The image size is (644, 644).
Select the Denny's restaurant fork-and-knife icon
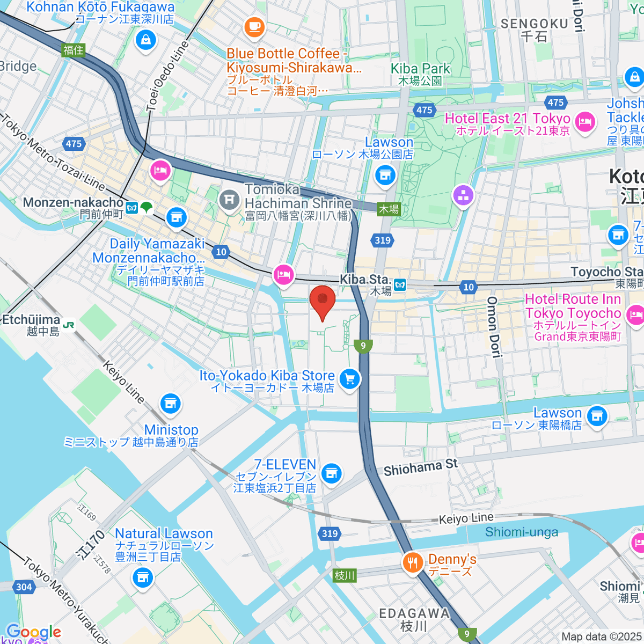(412, 562)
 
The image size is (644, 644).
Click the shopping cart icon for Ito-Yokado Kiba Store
(350, 379)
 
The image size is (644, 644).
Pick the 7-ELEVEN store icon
(332, 473)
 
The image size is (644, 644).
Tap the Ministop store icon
(170, 404)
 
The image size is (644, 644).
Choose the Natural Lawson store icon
(142, 577)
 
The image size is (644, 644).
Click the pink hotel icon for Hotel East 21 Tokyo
(584, 122)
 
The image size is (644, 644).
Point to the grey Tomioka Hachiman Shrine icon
(229, 200)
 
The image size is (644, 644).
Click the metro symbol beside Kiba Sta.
(399, 285)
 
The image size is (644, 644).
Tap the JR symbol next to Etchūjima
(69, 325)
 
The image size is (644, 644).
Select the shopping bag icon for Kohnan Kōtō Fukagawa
(145, 40)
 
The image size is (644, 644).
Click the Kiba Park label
(420, 69)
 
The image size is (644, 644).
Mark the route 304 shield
(24, 587)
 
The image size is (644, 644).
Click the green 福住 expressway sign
(74, 50)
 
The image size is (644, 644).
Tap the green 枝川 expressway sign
(345, 575)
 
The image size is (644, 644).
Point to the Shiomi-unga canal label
(521, 532)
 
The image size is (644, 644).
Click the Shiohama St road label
(420, 467)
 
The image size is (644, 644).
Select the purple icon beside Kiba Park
(463, 195)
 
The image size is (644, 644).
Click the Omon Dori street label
(493, 327)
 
